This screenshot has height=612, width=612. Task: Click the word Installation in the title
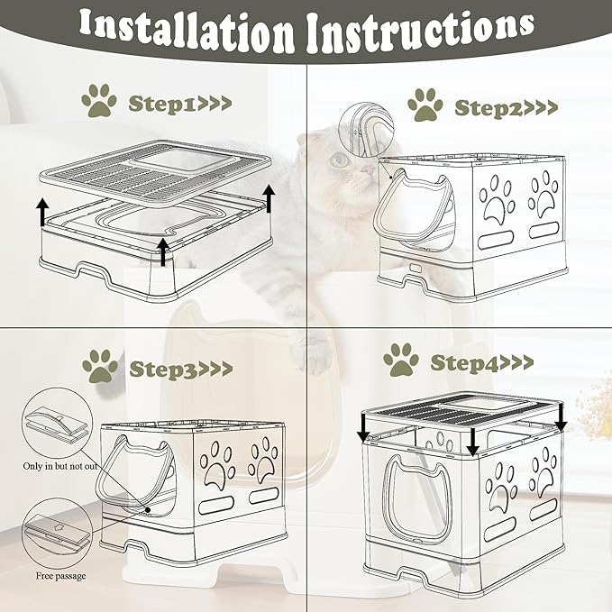point(187,32)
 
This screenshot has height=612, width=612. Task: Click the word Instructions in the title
point(421,32)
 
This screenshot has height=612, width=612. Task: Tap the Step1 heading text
point(180,104)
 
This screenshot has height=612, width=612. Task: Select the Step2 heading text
point(507,108)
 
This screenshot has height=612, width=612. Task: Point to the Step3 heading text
point(181,369)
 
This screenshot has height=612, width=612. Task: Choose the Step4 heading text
point(481,362)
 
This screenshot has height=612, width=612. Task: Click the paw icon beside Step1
point(99,101)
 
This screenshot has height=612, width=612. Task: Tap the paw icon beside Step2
point(425,105)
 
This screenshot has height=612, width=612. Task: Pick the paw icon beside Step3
point(100,366)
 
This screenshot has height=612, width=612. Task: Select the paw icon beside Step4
point(401,360)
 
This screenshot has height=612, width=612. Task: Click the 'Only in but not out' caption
point(60,466)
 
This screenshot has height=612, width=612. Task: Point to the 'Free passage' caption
point(61,576)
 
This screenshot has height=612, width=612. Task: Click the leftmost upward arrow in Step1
point(43,212)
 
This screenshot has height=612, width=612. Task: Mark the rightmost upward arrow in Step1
point(269,199)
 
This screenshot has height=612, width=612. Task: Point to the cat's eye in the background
point(341,160)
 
